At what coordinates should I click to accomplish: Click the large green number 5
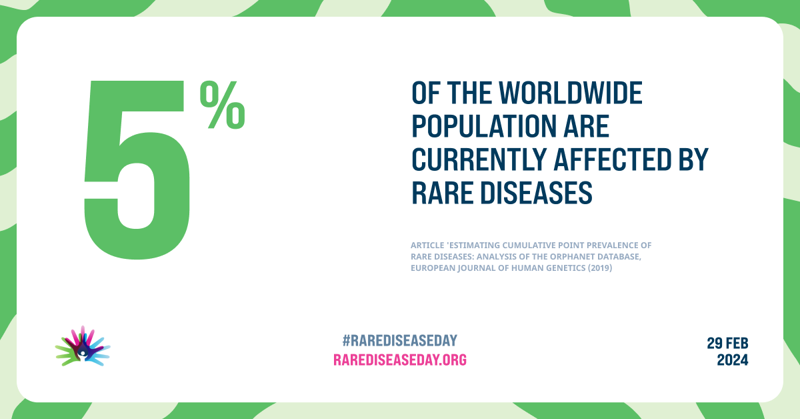pos(137,170)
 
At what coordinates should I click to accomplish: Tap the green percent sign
pos(223,105)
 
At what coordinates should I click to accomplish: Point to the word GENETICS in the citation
pos(565,268)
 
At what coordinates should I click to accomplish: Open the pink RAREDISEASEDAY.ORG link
pos(400,360)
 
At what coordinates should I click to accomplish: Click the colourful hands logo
pos(83,346)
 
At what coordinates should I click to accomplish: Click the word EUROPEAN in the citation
pos(435,268)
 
